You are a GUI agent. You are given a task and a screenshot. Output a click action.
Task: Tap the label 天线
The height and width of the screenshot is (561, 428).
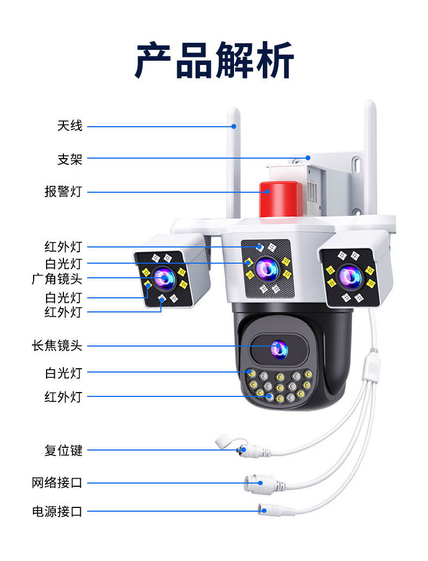coord(70,126)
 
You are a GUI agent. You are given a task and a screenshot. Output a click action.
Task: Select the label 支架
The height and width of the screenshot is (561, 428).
coord(70,159)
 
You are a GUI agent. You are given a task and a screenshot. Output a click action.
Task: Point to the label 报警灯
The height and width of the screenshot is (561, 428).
coord(63,192)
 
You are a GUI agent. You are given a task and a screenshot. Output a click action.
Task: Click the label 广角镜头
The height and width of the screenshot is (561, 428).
coord(57,279)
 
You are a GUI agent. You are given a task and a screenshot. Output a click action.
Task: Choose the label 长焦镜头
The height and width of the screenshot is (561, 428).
coord(57,345)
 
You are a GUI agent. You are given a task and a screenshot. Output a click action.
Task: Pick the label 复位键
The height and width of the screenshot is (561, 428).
coord(63,450)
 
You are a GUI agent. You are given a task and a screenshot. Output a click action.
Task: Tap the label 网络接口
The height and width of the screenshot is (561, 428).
coord(57,482)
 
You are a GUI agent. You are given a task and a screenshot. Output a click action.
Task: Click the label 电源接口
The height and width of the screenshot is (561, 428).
coord(57,511)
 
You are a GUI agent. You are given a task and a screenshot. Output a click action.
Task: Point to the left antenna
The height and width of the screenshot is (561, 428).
coord(234,162)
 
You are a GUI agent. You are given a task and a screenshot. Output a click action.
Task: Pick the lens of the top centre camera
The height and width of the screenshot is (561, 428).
coord(266,266)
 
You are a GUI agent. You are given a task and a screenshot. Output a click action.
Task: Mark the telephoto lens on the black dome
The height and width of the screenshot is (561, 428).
coord(278,349)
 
